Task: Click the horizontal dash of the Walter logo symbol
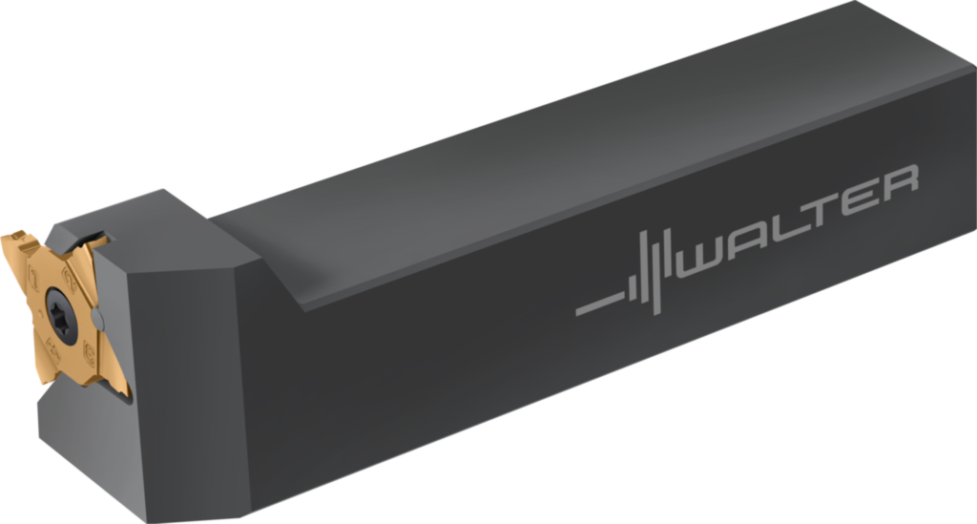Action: [x=599, y=304]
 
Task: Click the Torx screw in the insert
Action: [x=64, y=316]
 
